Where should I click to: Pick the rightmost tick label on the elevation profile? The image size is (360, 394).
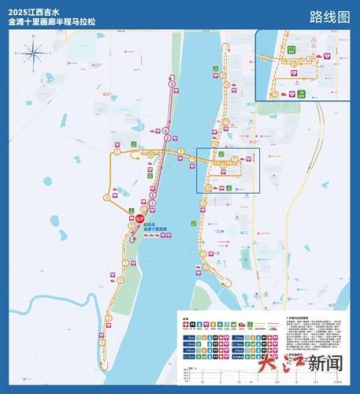pos(339,381)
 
